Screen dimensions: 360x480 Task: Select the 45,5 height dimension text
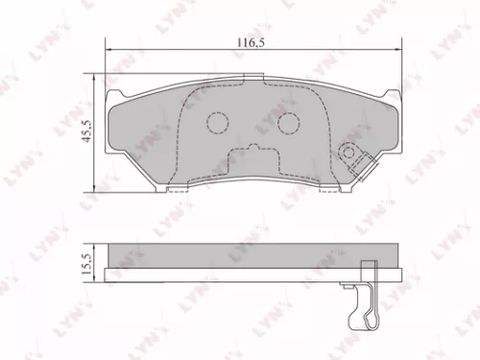point(86,130)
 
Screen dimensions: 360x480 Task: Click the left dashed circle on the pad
point(217,122)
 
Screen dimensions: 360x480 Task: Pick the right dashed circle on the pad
point(288,122)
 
